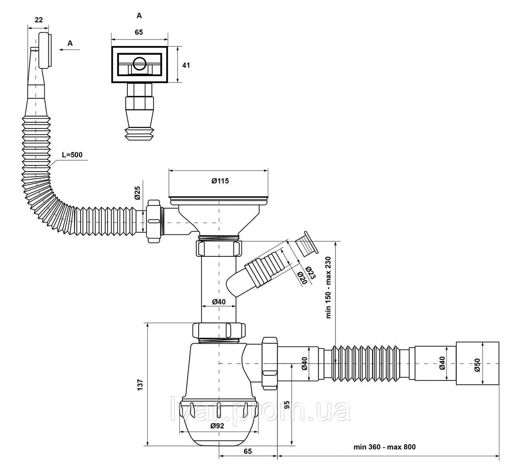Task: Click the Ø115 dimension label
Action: click(220, 181)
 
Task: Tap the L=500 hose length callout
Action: click(72, 155)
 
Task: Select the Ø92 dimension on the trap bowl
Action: click(217, 426)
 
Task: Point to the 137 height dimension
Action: click(140, 385)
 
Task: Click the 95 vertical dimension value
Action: click(287, 405)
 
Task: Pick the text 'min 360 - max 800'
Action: click(384, 447)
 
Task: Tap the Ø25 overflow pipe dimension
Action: click(137, 193)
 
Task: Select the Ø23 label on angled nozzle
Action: click(311, 273)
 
